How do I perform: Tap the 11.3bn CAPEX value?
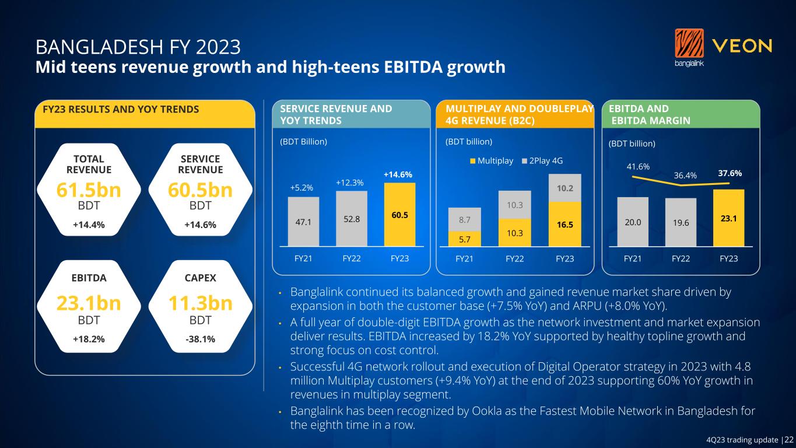click(200, 303)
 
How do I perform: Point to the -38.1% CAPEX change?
click(200, 339)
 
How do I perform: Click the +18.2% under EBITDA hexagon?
click(89, 339)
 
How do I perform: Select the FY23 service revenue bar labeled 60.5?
click(399, 215)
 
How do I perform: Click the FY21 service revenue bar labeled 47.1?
click(303, 222)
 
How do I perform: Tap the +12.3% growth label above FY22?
click(350, 183)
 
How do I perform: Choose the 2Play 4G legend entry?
click(542, 160)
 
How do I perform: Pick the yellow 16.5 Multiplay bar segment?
click(564, 224)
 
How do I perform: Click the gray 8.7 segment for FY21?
click(464, 219)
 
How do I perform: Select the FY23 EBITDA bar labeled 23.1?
click(728, 218)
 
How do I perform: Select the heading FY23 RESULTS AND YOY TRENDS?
click(117, 109)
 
